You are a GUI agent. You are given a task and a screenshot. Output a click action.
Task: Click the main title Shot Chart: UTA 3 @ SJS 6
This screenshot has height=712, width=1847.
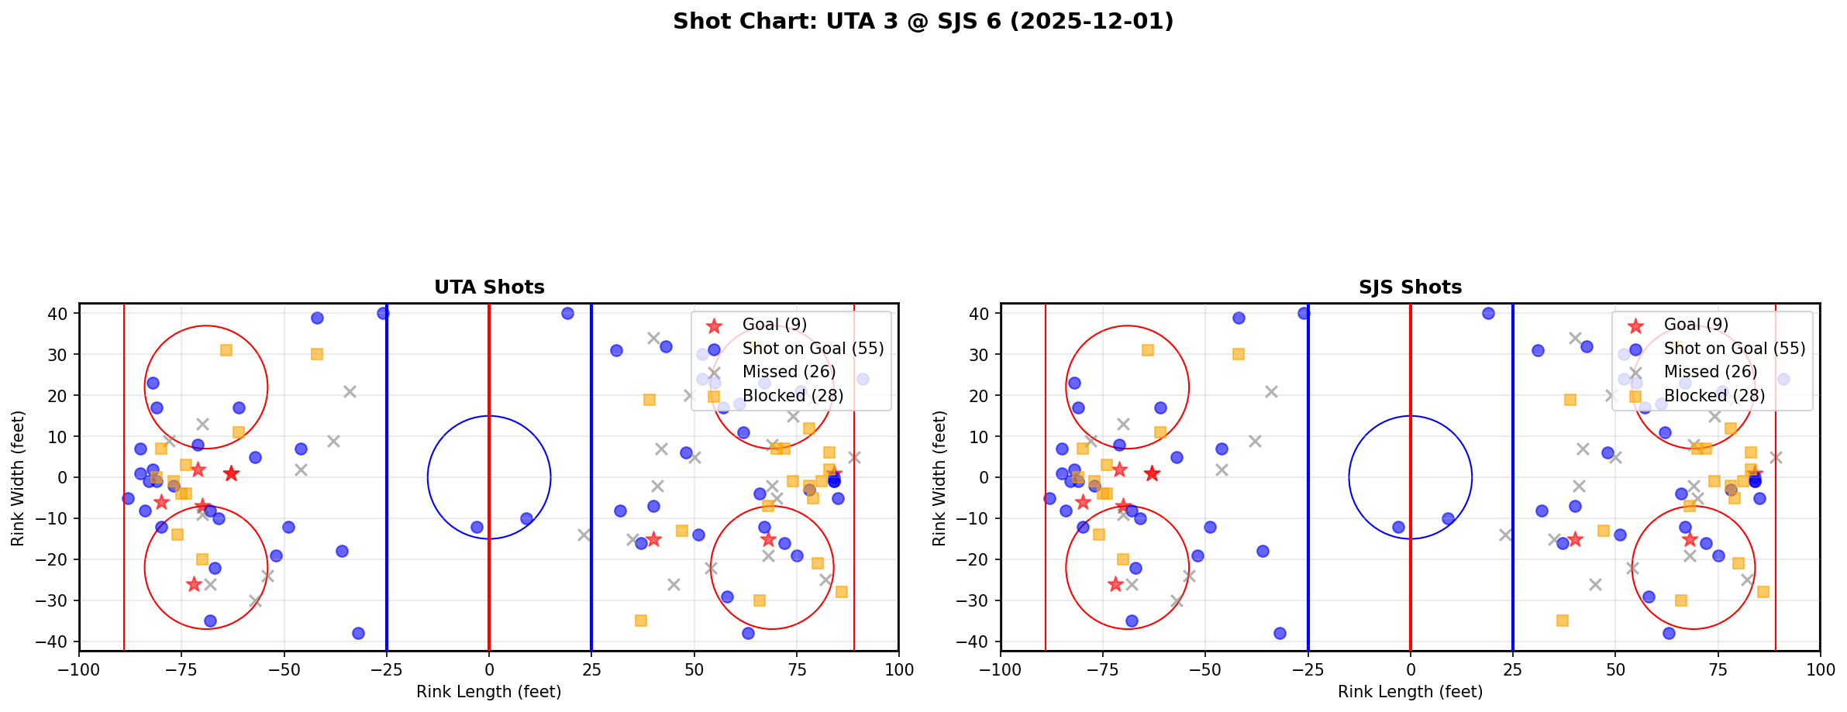[x=922, y=21]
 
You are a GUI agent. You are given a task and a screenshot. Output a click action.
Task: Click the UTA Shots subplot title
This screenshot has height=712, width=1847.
[x=489, y=287]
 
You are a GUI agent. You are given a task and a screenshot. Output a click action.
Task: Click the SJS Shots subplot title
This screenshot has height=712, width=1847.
[x=1410, y=287]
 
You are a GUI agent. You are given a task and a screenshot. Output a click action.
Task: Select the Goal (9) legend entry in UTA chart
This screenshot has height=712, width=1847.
[x=774, y=325]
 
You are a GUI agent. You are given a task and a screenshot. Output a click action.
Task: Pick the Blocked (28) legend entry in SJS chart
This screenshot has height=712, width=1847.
[x=1714, y=396]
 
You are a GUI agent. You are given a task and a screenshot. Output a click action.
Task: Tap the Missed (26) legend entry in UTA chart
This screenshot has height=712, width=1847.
[x=788, y=372]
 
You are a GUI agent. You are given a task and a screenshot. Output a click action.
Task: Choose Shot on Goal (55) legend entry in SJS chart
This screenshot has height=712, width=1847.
[x=1734, y=349]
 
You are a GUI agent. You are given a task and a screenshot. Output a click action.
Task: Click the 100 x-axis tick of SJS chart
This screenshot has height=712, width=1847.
[x=1820, y=669]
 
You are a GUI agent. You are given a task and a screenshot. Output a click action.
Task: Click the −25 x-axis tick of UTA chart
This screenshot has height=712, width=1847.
[x=387, y=669]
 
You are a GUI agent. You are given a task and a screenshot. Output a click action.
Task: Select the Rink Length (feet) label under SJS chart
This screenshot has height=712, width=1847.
[x=1410, y=692]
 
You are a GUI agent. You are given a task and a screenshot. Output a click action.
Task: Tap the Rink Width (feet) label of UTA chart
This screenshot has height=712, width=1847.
[x=18, y=477]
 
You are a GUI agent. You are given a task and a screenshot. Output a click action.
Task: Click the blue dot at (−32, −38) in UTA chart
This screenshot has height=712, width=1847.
[x=358, y=633]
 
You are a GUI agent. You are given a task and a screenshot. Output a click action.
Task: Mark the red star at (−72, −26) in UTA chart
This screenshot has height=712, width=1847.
[x=194, y=584]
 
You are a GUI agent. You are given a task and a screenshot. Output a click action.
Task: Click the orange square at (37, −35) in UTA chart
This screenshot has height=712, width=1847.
[x=641, y=621]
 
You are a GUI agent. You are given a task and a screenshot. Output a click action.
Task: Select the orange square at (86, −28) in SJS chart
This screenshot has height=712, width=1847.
[x=1763, y=592]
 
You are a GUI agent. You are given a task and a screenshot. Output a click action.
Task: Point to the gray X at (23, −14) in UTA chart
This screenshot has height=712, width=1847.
[x=584, y=535]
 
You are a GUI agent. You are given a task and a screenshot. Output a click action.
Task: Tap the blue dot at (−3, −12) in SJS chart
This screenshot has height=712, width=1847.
[x=1398, y=527]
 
